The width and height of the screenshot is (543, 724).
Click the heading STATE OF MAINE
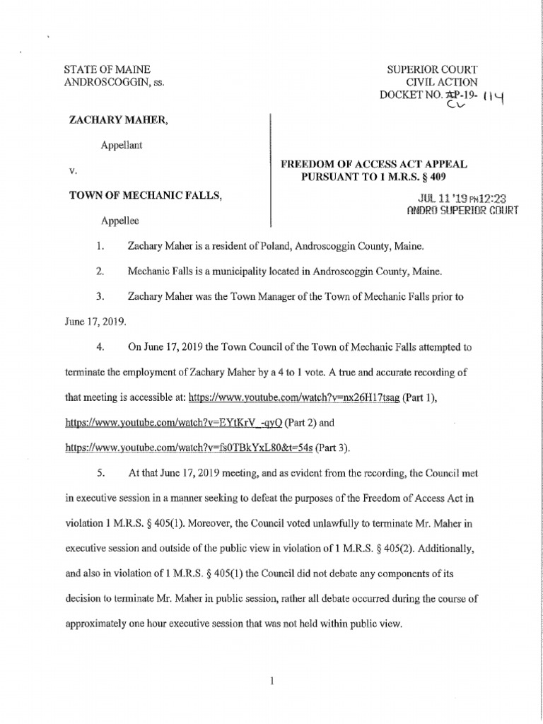[x=107, y=69]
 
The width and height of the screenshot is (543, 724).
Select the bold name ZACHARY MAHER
[x=117, y=120]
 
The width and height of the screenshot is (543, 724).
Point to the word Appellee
[x=119, y=221]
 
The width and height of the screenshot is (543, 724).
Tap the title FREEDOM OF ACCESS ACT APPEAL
[x=374, y=164]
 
